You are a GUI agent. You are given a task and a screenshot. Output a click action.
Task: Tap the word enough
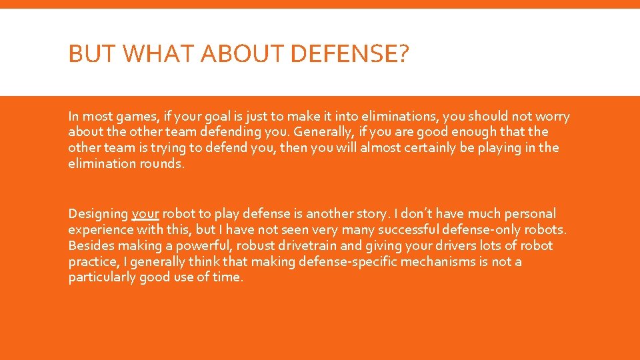[x=459, y=132]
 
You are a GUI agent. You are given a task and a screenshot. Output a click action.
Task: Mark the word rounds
[x=159, y=164]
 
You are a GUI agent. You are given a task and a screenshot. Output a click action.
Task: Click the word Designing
[x=98, y=214]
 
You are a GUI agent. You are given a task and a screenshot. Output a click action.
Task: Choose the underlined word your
[x=145, y=214]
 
